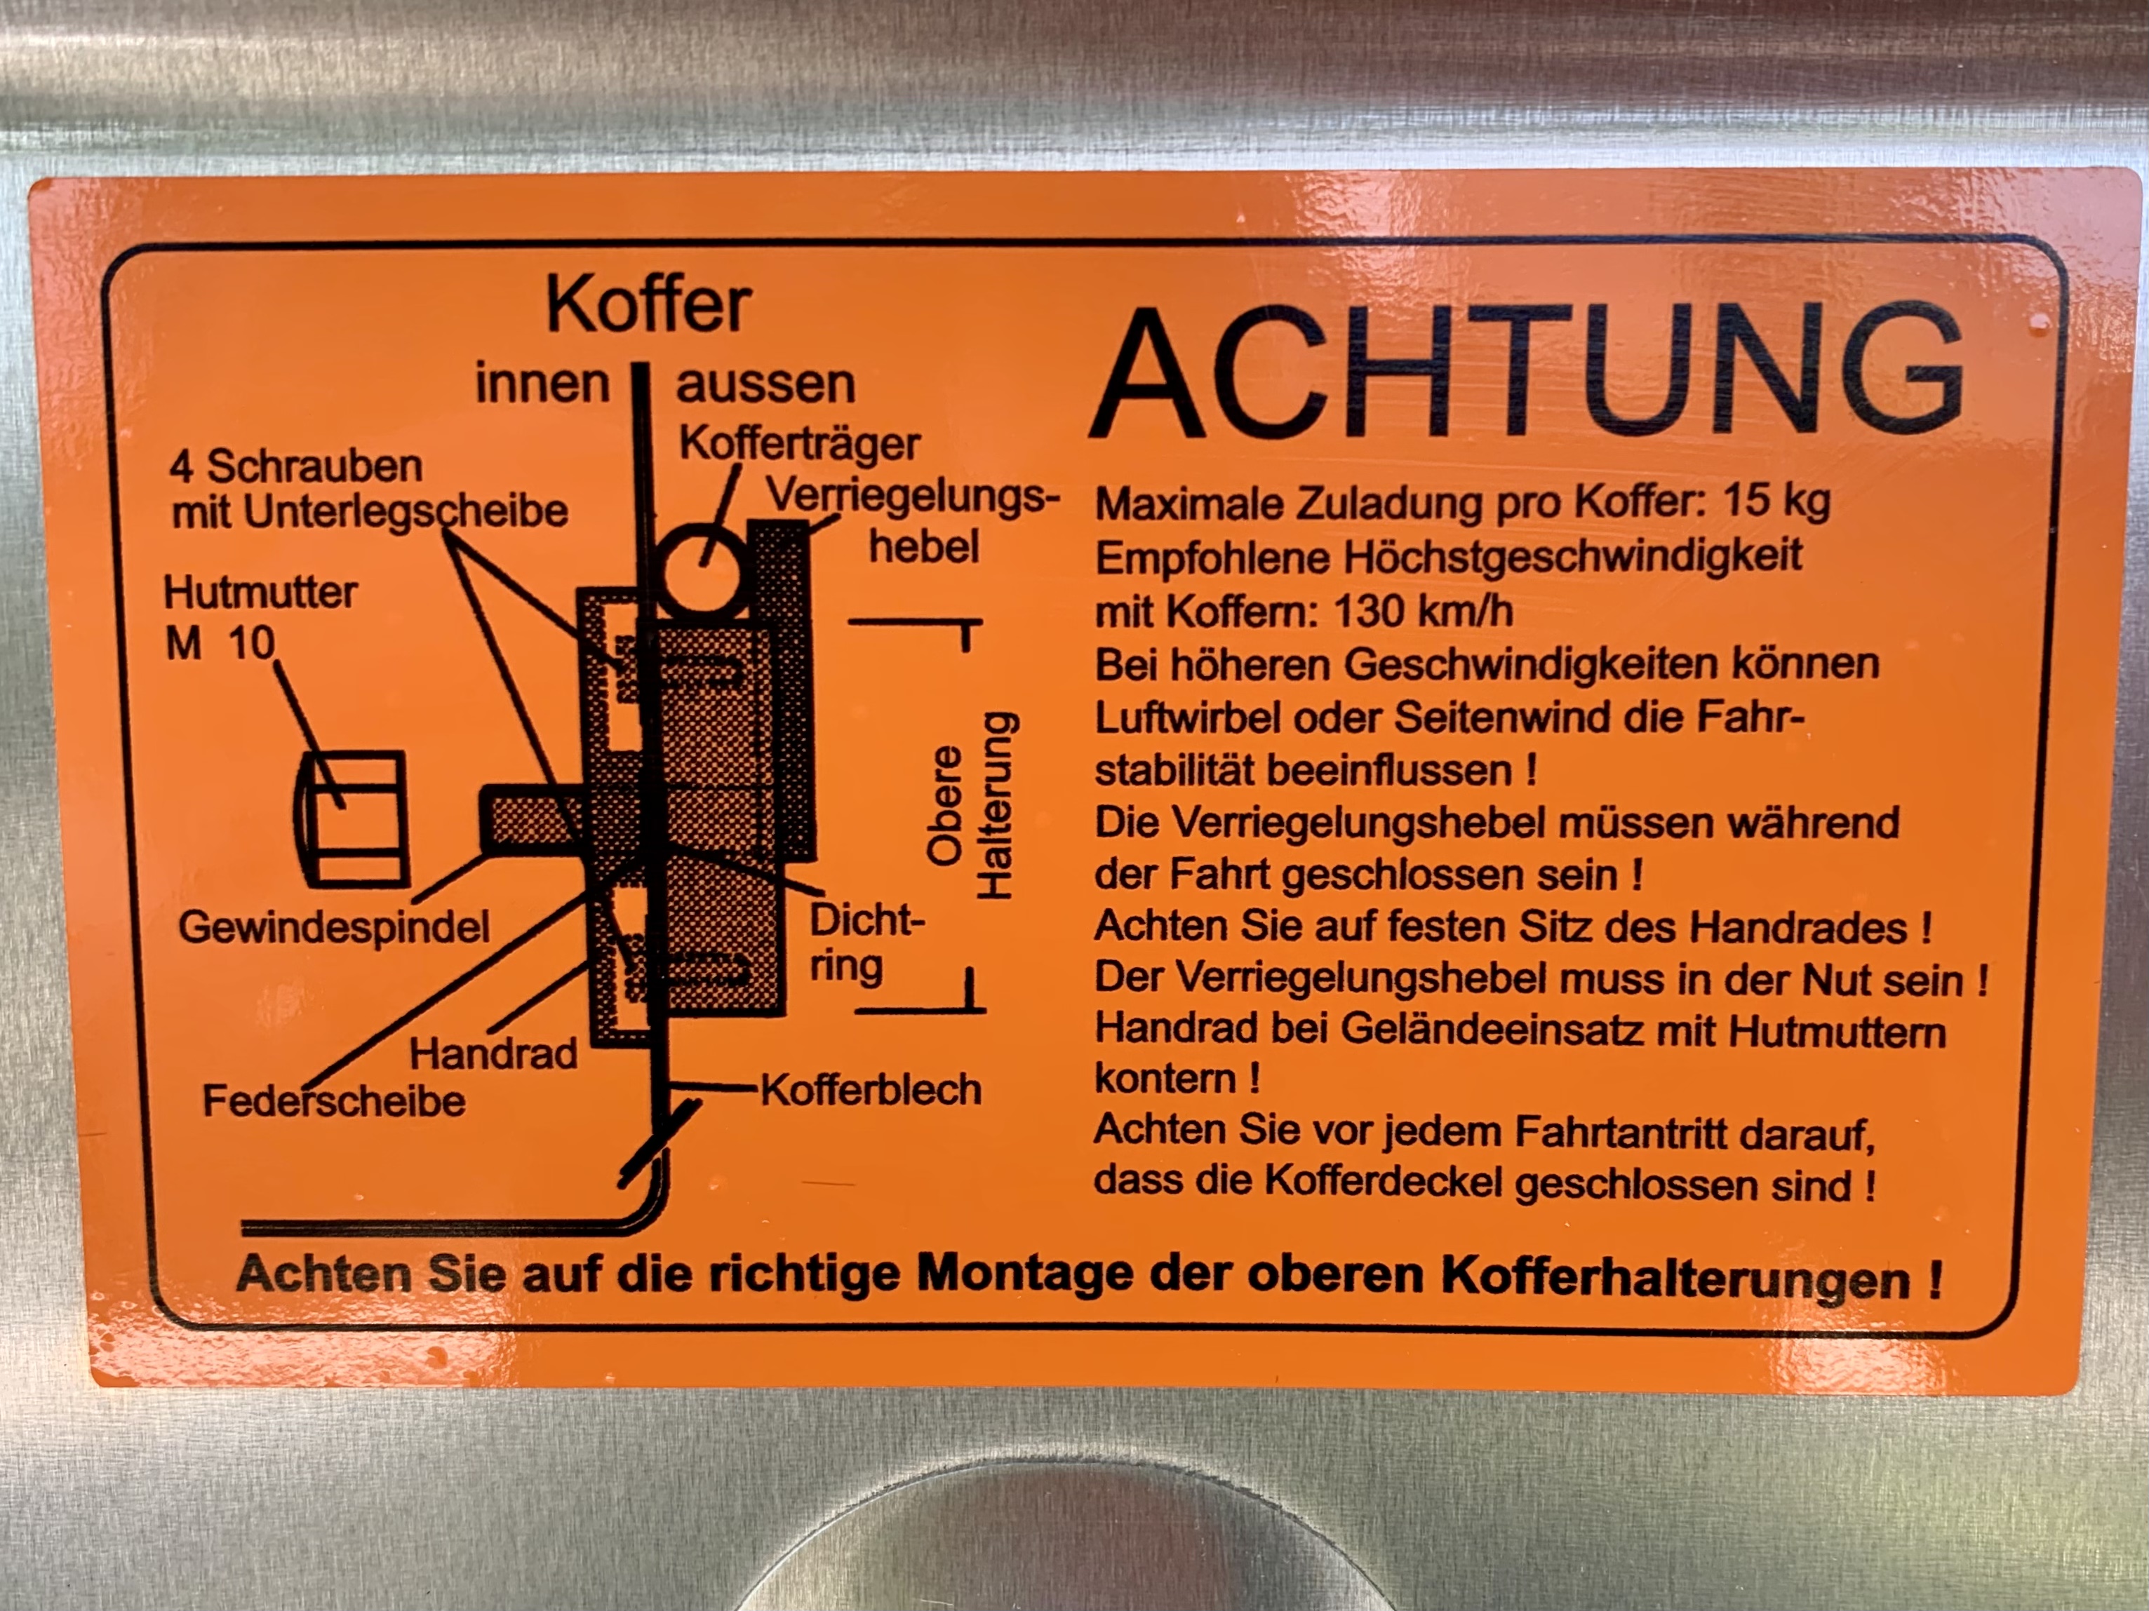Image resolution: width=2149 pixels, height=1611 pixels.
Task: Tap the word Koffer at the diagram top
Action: (649, 305)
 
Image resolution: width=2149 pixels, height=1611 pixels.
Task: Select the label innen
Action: (541, 384)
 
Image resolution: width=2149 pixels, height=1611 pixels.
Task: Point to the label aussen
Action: (765, 384)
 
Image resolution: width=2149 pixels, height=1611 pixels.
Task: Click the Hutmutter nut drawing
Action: (349, 818)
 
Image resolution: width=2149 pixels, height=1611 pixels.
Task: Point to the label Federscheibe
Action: (333, 1101)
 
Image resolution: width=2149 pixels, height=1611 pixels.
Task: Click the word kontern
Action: (1165, 1079)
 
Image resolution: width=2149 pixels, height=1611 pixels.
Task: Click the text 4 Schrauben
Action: (295, 468)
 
